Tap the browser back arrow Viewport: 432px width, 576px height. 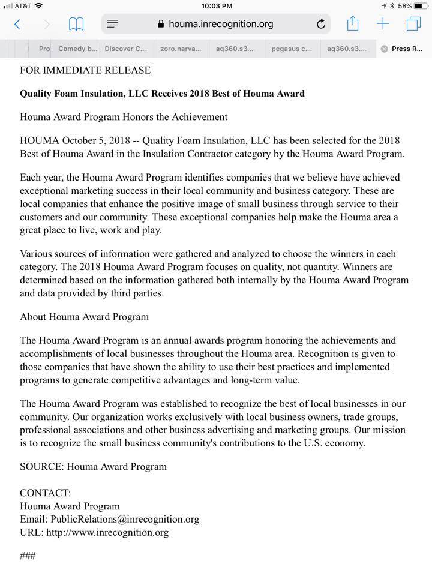tap(17, 24)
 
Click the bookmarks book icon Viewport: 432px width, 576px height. tap(76, 24)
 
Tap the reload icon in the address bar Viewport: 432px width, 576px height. tap(321, 24)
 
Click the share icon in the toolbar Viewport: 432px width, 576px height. tap(353, 24)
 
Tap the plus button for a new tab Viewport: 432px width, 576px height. tap(383, 24)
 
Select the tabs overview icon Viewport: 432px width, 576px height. tap(413, 24)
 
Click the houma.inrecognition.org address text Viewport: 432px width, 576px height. tap(221, 24)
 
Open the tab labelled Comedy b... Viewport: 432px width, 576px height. tap(77, 49)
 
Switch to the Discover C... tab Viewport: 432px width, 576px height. tap(125, 49)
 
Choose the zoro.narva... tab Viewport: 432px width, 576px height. tap(181, 49)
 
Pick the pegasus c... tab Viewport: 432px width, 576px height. tap(291, 49)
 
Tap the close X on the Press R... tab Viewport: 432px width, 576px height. tap(384, 49)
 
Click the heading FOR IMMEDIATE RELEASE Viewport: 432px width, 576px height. tap(85, 70)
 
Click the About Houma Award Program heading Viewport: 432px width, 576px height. tap(84, 316)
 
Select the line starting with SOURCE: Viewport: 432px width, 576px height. tap(93, 466)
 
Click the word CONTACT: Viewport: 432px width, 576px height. tap(45, 493)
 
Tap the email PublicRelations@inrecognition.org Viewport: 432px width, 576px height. tap(125, 519)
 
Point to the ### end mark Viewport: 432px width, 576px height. tap(28, 556)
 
